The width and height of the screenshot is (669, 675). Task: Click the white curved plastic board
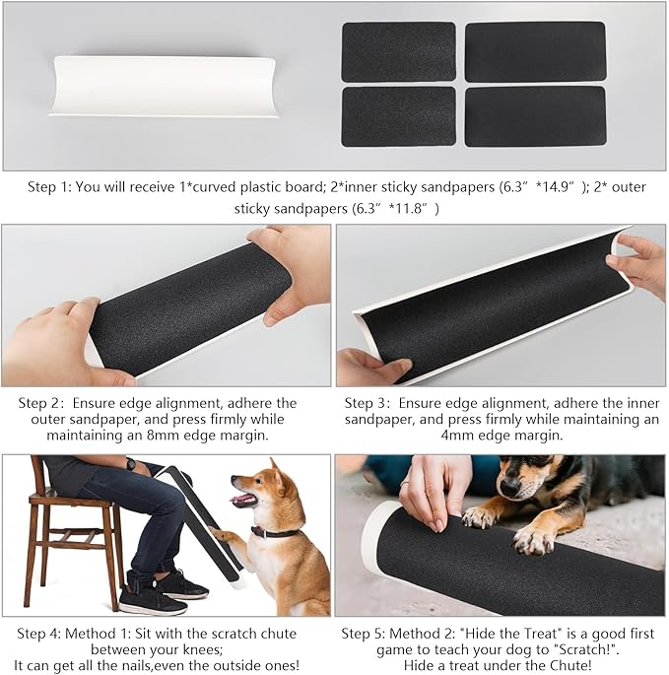164,86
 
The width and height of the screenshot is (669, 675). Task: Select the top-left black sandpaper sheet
398,51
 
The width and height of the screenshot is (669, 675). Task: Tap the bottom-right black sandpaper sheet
534,116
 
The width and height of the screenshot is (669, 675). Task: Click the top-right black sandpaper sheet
534,51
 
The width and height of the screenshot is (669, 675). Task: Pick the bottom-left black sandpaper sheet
398,116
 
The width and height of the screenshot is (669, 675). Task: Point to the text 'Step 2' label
39,403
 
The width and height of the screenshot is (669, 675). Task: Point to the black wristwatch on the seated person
130,464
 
